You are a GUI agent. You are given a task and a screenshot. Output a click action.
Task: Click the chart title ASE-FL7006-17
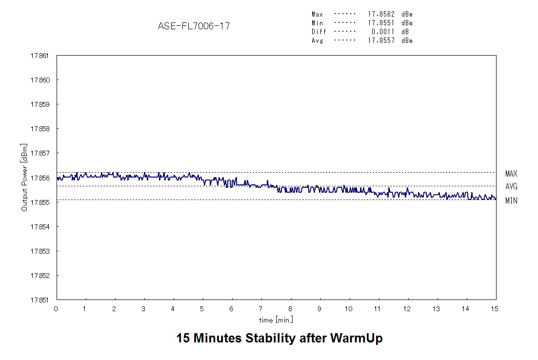[x=194, y=26]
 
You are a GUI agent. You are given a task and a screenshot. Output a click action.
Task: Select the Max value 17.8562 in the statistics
[x=381, y=14]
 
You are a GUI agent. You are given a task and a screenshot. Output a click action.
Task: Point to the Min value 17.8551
[x=381, y=23]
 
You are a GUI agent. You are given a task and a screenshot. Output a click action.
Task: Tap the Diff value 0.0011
[x=383, y=32]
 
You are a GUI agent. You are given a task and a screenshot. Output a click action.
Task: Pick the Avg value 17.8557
[x=381, y=40]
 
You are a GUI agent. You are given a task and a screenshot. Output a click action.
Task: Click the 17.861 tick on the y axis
[x=40, y=56]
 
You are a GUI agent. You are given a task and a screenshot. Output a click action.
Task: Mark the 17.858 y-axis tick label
[x=40, y=129]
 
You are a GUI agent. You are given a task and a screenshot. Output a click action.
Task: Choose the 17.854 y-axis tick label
[x=40, y=227]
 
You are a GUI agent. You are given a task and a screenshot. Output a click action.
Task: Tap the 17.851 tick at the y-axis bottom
[x=40, y=300]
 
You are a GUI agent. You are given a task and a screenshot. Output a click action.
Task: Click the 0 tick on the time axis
[x=56, y=309]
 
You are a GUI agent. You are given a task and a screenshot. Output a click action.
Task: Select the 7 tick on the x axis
[x=261, y=309]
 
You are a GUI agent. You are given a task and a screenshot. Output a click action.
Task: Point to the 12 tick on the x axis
[x=408, y=309]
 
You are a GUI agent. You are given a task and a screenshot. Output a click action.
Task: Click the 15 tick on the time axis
[x=496, y=309]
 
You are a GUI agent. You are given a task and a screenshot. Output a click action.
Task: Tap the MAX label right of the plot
[x=511, y=174]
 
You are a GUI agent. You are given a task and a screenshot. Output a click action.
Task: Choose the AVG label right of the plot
[x=511, y=186]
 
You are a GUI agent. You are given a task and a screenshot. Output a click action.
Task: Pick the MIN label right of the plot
[x=511, y=200]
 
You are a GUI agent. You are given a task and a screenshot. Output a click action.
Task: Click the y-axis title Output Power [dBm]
[x=24, y=178]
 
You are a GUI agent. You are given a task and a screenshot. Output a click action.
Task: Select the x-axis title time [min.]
[x=276, y=320]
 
